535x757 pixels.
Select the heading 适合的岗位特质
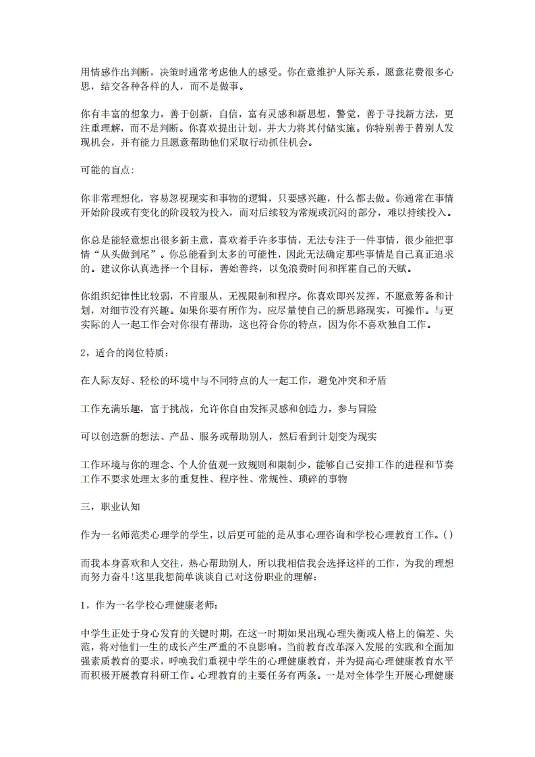point(127,354)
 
